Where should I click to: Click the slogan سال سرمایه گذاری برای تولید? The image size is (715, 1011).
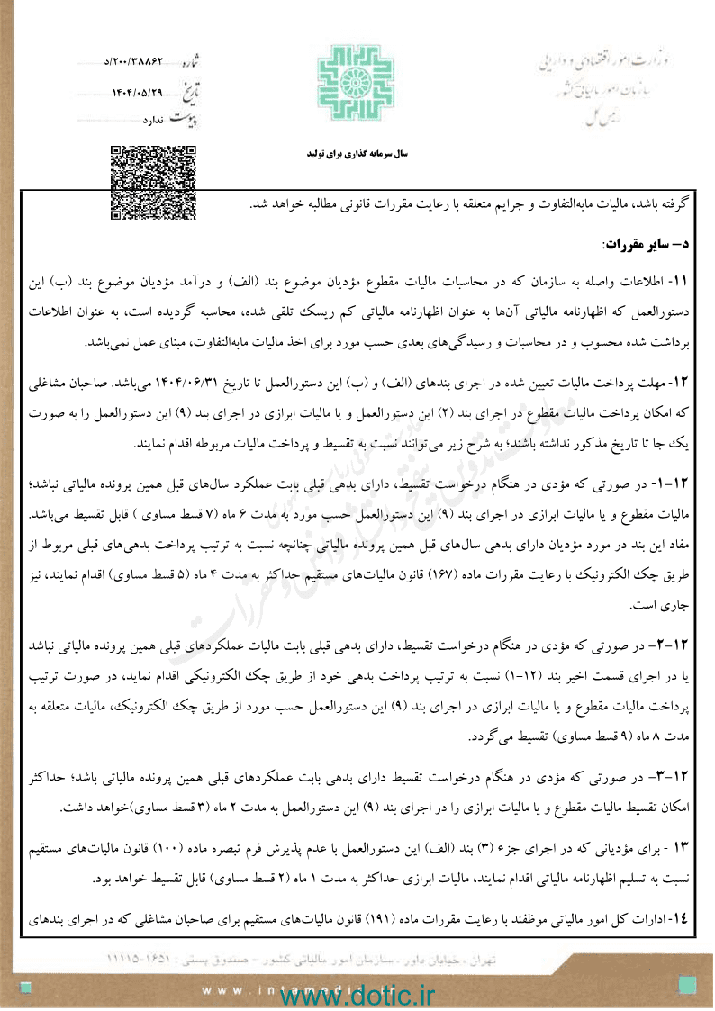(x=357, y=154)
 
